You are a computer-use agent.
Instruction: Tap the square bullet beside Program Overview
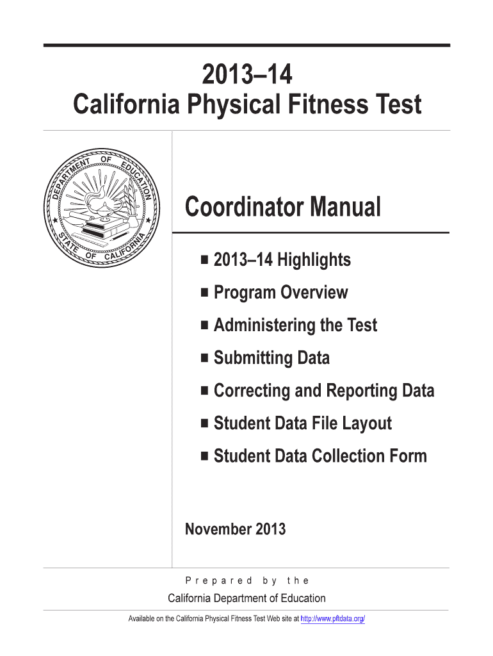point(204,293)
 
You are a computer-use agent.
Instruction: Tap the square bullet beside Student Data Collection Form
point(204,456)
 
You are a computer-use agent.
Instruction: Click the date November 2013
point(235,529)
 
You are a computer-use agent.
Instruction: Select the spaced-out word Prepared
point(218,580)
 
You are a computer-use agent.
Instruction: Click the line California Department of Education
point(247,598)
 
